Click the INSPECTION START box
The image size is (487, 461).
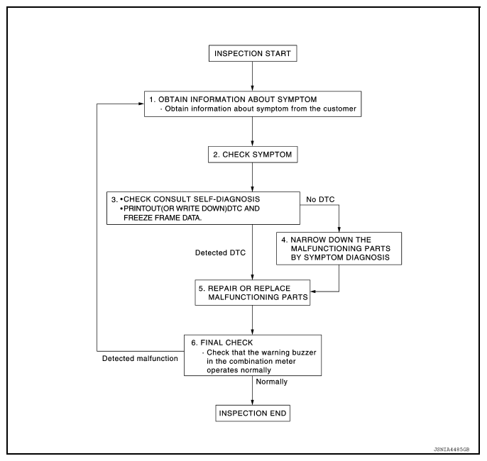[253, 53]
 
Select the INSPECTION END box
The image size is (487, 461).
[253, 413]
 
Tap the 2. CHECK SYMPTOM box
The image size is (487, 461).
[253, 155]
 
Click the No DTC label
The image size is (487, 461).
[320, 199]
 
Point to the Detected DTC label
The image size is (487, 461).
[220, 252]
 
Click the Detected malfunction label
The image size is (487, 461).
[140, 359]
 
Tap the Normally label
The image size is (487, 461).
[271, 382]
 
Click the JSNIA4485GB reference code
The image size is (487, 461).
[452, 449]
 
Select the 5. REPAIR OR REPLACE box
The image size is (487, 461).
[253, 292]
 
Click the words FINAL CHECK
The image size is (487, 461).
[226, 343]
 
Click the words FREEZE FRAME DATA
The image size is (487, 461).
[163, 218]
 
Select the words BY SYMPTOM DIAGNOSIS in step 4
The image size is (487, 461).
[340, 257]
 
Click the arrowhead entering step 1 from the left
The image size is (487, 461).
[141, 104]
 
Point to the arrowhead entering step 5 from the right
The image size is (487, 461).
[313, 291]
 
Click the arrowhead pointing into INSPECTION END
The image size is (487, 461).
[252, 402]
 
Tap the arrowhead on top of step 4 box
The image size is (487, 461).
[339, 229]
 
